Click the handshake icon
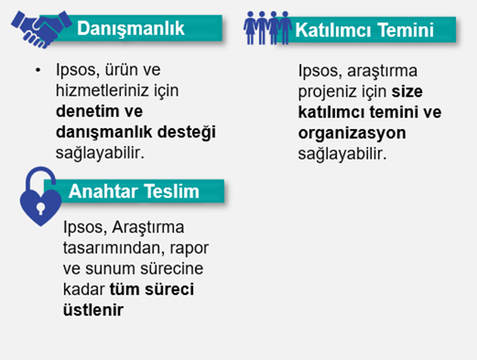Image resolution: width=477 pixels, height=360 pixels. (40, 28)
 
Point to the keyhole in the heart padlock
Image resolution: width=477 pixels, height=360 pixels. (41, 207)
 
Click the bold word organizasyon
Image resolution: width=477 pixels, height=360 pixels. (351, 134)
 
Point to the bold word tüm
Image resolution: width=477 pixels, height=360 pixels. (125, 290)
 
